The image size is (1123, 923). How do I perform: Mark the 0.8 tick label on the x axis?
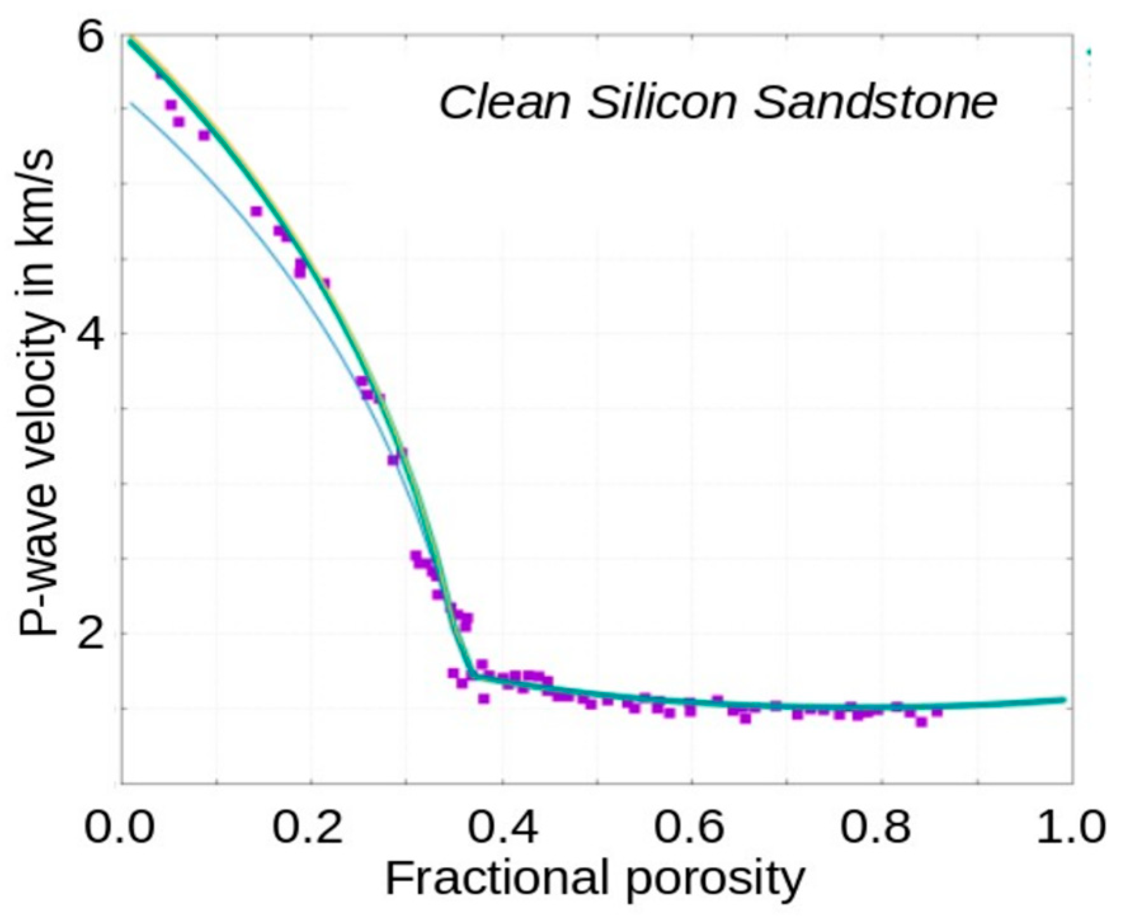click(x=881, y=827)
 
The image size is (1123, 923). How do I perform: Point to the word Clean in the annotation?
click(x=505, y=103)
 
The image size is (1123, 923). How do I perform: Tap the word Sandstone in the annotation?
click(x=876, y=103)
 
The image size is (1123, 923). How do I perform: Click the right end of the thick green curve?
click(x=1063, y=700)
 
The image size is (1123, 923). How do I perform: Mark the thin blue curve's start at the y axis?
click(x=131, y=102)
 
